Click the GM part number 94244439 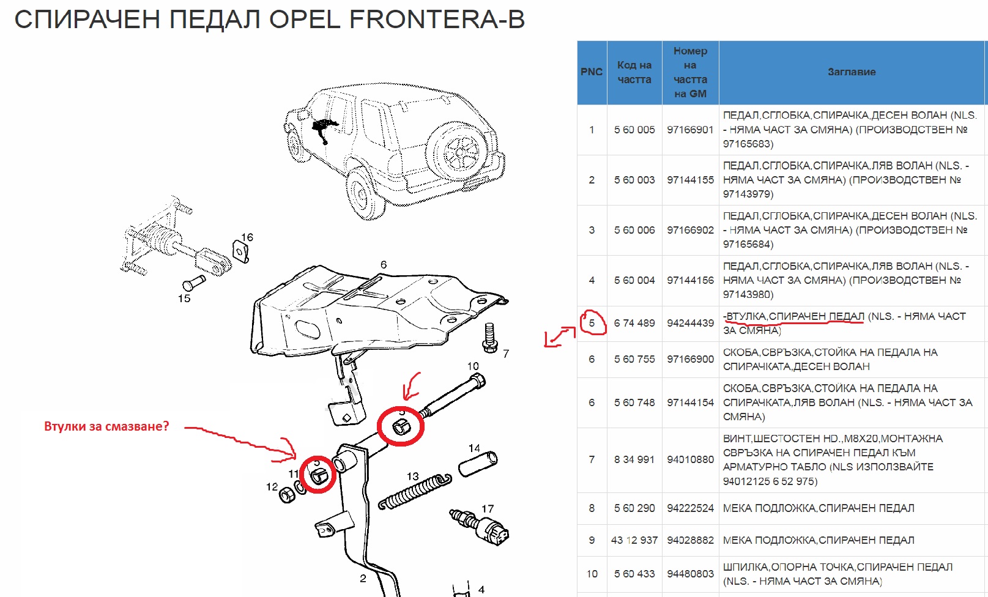click(x=690, y=323)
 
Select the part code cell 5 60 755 click(x=634, y=359)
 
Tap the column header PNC click(x=592, y=72)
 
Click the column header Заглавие click(x=852, y=72)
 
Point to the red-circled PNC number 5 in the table click(x=592, y=323)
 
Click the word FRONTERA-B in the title click(x=437, y=20)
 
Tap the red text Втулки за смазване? click(x=106, y=426)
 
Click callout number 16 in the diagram click(x=247, y=237)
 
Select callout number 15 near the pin click(x=184, y=298)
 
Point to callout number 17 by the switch click(x=488, y=509)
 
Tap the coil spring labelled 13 click(x=416, y=492)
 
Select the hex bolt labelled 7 click(x=489, y=338)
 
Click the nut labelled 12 click(x=286, y=494)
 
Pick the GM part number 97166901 click(x=690, y=130)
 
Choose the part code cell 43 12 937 click(x=634, y=540)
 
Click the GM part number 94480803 click(x=690, y=574)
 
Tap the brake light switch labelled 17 click(x=483, y=527)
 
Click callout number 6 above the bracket click(x=384, y=265)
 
